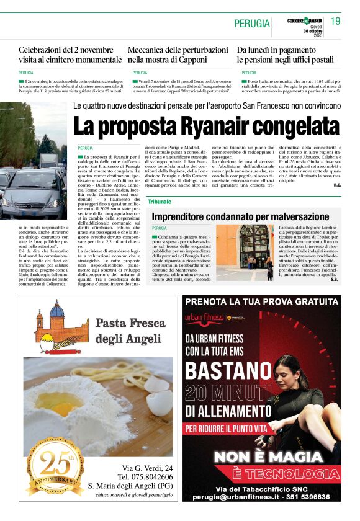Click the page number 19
point(335,22)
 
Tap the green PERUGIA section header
point(252,24)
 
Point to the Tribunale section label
point(160,202)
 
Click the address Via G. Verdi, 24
point(147,467)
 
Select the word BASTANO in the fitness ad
point(232,370)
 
